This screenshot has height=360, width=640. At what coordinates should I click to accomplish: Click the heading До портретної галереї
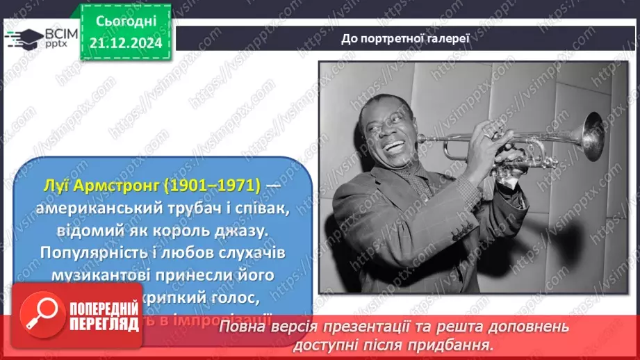click(x=406, y=38)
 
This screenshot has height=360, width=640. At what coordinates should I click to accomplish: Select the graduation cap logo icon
click(x=22, y=38)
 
